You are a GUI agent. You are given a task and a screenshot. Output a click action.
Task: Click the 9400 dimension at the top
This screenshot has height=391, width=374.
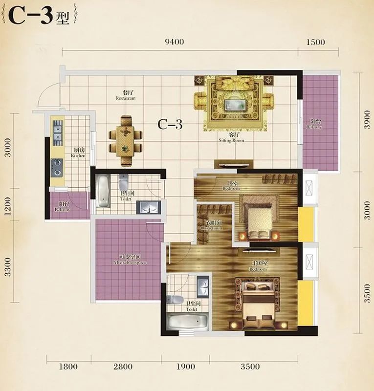175,42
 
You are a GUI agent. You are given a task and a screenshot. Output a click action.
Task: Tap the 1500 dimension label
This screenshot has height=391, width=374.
315,42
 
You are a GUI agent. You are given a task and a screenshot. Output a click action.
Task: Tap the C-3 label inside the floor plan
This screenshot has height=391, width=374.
170,125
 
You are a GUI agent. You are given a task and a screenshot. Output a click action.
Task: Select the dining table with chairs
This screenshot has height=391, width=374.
126,140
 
